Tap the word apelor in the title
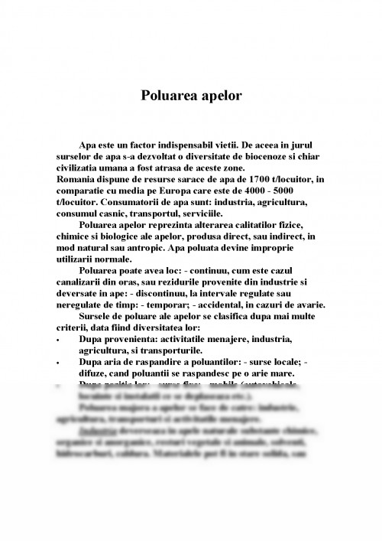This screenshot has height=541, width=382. (x=220, y=96)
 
